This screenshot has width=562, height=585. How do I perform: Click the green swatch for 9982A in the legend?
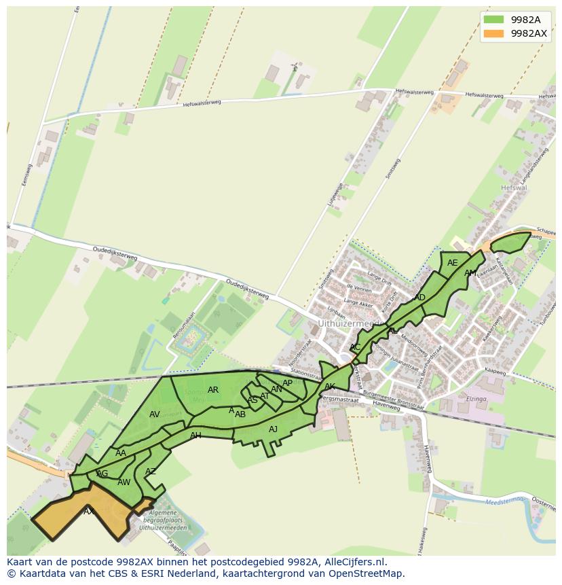493,20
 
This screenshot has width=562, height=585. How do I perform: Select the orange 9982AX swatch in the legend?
493,33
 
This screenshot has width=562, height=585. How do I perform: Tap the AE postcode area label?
453,263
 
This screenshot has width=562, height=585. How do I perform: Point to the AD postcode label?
419,298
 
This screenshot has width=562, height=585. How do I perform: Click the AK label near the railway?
330,387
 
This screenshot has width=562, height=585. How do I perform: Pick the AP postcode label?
288,383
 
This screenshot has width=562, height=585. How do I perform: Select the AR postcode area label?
213,390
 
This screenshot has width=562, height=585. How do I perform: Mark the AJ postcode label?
273,429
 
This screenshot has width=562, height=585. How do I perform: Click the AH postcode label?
195,436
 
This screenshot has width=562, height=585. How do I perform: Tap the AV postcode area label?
155,414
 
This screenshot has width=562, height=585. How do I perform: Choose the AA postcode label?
121,453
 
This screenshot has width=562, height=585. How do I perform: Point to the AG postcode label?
102,474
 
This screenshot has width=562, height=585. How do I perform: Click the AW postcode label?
124,482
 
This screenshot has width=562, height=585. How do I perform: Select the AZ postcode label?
151,472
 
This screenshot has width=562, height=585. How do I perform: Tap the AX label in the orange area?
89,511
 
